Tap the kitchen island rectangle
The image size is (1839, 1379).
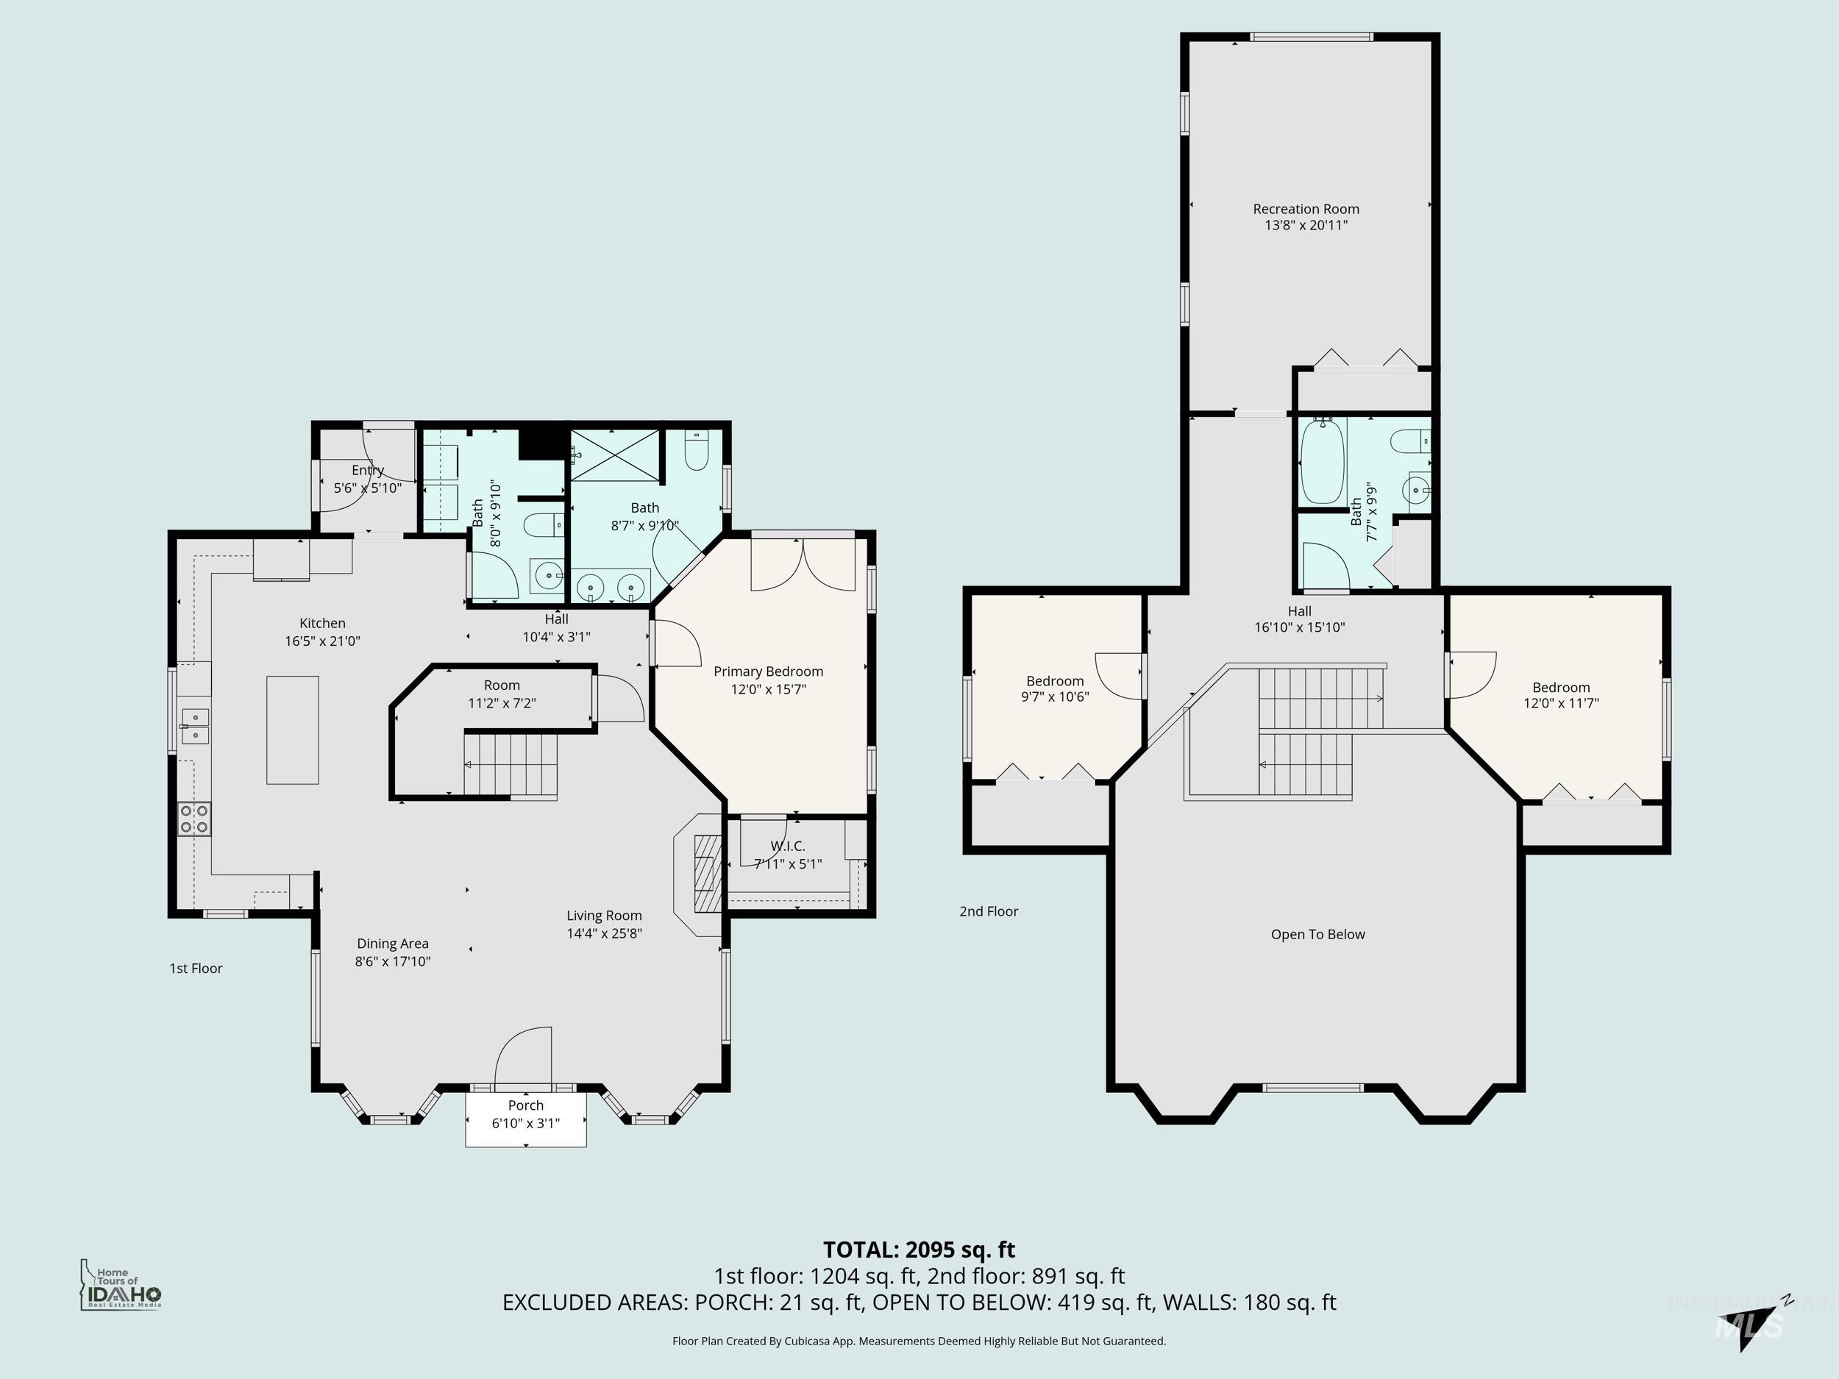292,730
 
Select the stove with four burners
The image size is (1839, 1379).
193,819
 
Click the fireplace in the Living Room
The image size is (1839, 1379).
705,874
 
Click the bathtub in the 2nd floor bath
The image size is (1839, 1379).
1322,462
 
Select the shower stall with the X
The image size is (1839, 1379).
616,455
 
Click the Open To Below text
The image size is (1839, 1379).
1317,934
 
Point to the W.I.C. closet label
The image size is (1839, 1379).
786,847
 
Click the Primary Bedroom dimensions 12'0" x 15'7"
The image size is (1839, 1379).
768,689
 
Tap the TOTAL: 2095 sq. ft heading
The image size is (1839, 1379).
919,1250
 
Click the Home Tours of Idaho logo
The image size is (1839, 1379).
121,1285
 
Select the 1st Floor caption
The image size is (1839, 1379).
196,969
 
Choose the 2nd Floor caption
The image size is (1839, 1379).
989,911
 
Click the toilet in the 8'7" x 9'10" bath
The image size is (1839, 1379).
696,452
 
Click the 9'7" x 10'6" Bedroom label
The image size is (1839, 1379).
1054,689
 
